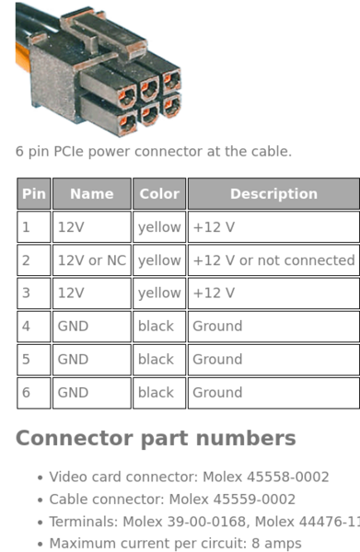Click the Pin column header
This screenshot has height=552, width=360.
pos(33,194)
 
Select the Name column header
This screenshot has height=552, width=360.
pos(91,194)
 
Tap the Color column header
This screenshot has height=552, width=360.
pos(159,194)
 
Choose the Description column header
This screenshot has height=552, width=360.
pos(273,194)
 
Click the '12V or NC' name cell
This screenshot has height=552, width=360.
pos(91,260)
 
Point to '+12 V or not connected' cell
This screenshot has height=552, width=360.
pos(273,260)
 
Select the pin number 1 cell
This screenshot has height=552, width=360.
pos(33,227)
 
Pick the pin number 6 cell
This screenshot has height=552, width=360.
pos(33,393)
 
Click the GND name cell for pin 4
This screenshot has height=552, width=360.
pos(91,327)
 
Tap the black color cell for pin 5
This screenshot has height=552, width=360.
pos(159,360)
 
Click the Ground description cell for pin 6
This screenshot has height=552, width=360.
pos(273,393)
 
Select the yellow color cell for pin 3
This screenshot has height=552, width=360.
pos(159,293)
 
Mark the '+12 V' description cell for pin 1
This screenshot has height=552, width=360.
pos(273,227)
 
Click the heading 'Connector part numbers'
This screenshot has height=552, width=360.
pos(156,438)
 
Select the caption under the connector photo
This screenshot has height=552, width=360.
pos(153,151)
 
